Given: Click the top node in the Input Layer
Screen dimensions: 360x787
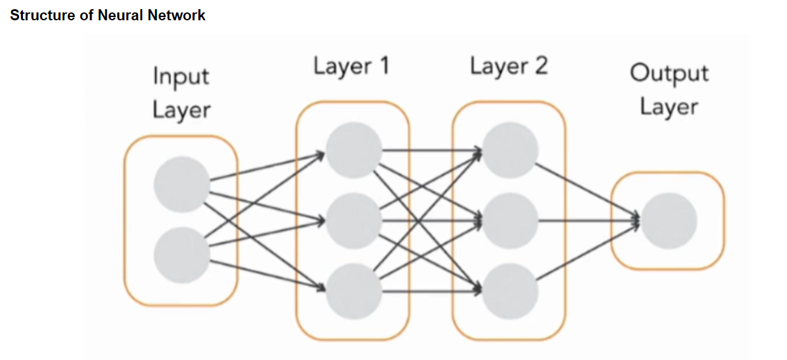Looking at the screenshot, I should tap(182, 185).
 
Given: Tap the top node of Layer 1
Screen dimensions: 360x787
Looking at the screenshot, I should tap(354, 151).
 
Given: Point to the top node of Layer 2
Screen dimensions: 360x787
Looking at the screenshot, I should tap(511, 151).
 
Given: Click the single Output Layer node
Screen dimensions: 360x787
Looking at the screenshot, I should tap(668, 221).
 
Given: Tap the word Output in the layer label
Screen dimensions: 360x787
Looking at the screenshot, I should tap(669, 73).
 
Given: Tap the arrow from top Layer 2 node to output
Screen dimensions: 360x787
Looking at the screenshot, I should tap(586, 190).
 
